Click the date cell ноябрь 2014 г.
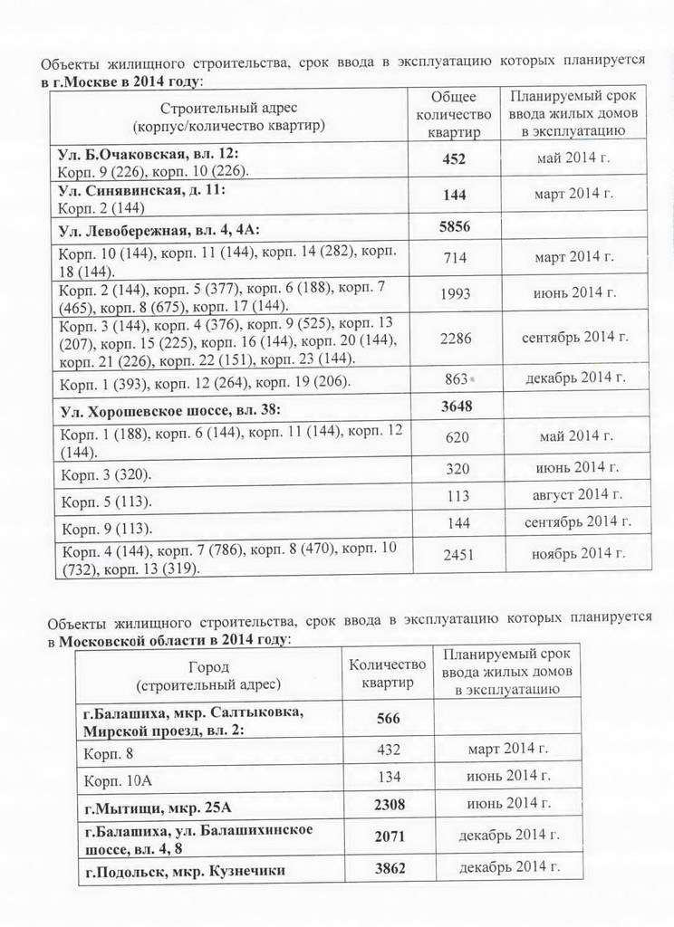coord(575,553)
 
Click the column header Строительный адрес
coord(228,115)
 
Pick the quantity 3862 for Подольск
coord(390,868)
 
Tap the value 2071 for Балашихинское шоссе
coord(390,836)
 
